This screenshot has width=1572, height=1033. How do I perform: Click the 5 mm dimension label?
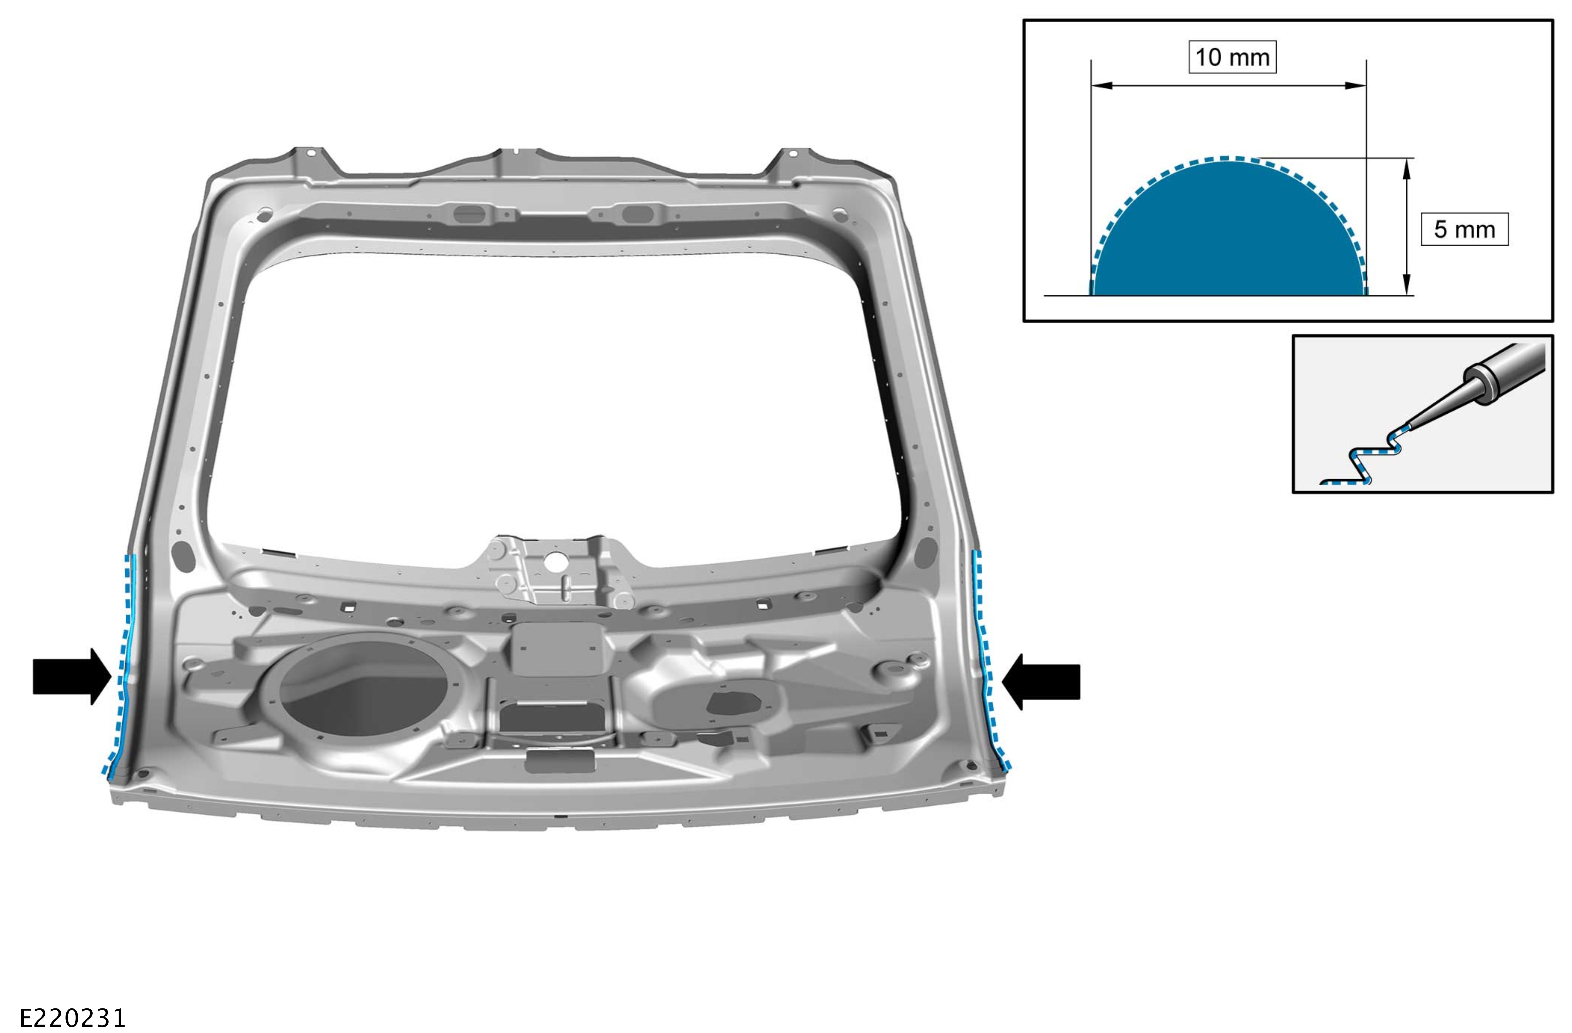tap(1464, 229)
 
